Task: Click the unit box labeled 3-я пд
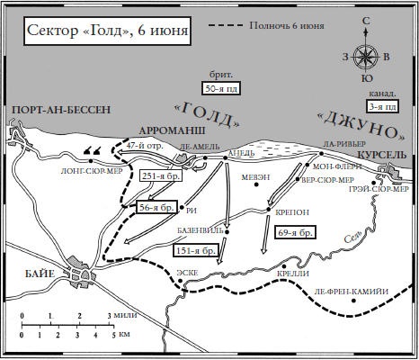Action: point(380,104)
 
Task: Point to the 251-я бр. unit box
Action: point(163,177)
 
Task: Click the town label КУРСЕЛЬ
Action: point(383,156)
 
